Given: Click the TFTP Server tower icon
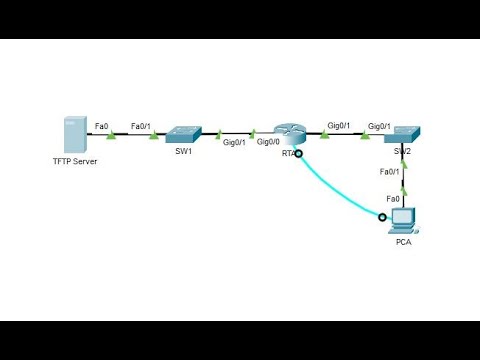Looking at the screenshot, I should [71, 133].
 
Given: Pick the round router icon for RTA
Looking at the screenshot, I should [289, 133].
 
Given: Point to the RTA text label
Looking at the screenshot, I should [288, 153].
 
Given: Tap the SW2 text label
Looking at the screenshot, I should [402, 151].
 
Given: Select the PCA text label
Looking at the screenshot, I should [404, 242].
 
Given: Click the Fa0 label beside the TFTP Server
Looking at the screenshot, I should [101, 126].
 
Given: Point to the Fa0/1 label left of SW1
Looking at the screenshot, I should [141, 126].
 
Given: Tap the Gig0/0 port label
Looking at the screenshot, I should [267, 143].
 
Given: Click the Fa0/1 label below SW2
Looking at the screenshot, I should [390, 172].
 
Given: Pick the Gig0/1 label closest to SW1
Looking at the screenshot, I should [234, 143].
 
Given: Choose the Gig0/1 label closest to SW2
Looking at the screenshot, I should [379, 126].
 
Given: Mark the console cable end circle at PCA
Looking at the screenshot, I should [382, 216].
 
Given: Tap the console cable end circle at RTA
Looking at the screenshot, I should [298, 154].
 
